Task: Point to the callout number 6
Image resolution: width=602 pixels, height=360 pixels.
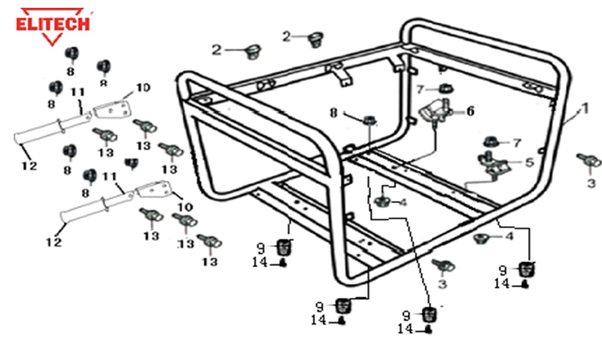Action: click(x=470, y=111)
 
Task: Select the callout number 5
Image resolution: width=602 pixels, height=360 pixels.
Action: click(x=529, y=163)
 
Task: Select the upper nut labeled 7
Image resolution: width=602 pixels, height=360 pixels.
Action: click(x=444, y=89)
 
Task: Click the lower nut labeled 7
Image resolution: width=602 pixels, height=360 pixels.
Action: click(x=491, y=141)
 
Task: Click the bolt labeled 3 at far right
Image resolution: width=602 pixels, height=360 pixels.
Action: click(x=589, y=161)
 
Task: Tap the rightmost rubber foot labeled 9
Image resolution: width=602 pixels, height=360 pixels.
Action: click(x=526, y=269)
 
